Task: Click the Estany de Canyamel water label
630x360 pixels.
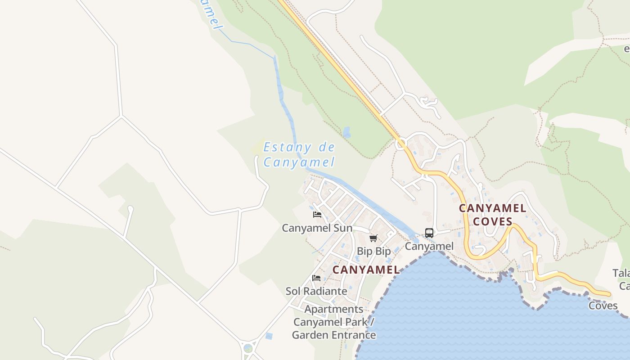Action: (x=299, y=154)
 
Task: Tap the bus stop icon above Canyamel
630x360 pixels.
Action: (x=429, y=233)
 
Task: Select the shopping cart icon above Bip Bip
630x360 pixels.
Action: (x=373, y=238)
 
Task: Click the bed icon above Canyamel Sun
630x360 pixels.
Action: (x=317, y=215)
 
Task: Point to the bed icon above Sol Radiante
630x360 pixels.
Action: (x=316, y=278)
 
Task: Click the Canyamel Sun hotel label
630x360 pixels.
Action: (x=317, y=228)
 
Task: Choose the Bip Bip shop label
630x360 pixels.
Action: (x=373, y=251)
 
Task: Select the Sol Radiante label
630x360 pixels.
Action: (x=316, y=291)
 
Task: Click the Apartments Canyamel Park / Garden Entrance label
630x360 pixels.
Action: (x=334, y=322)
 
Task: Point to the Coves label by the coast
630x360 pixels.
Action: (x=603, y=306)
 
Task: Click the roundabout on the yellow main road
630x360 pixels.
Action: (x=400, y=144)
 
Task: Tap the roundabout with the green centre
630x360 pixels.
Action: (x=248, y=348)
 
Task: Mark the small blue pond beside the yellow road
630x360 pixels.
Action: (x=346, y=132)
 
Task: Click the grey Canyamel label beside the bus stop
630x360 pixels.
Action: (x=429, y=246)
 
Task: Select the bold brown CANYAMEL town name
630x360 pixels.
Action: (x=366, y=270)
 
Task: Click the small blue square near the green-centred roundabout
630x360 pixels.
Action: (x=269, y=336)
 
